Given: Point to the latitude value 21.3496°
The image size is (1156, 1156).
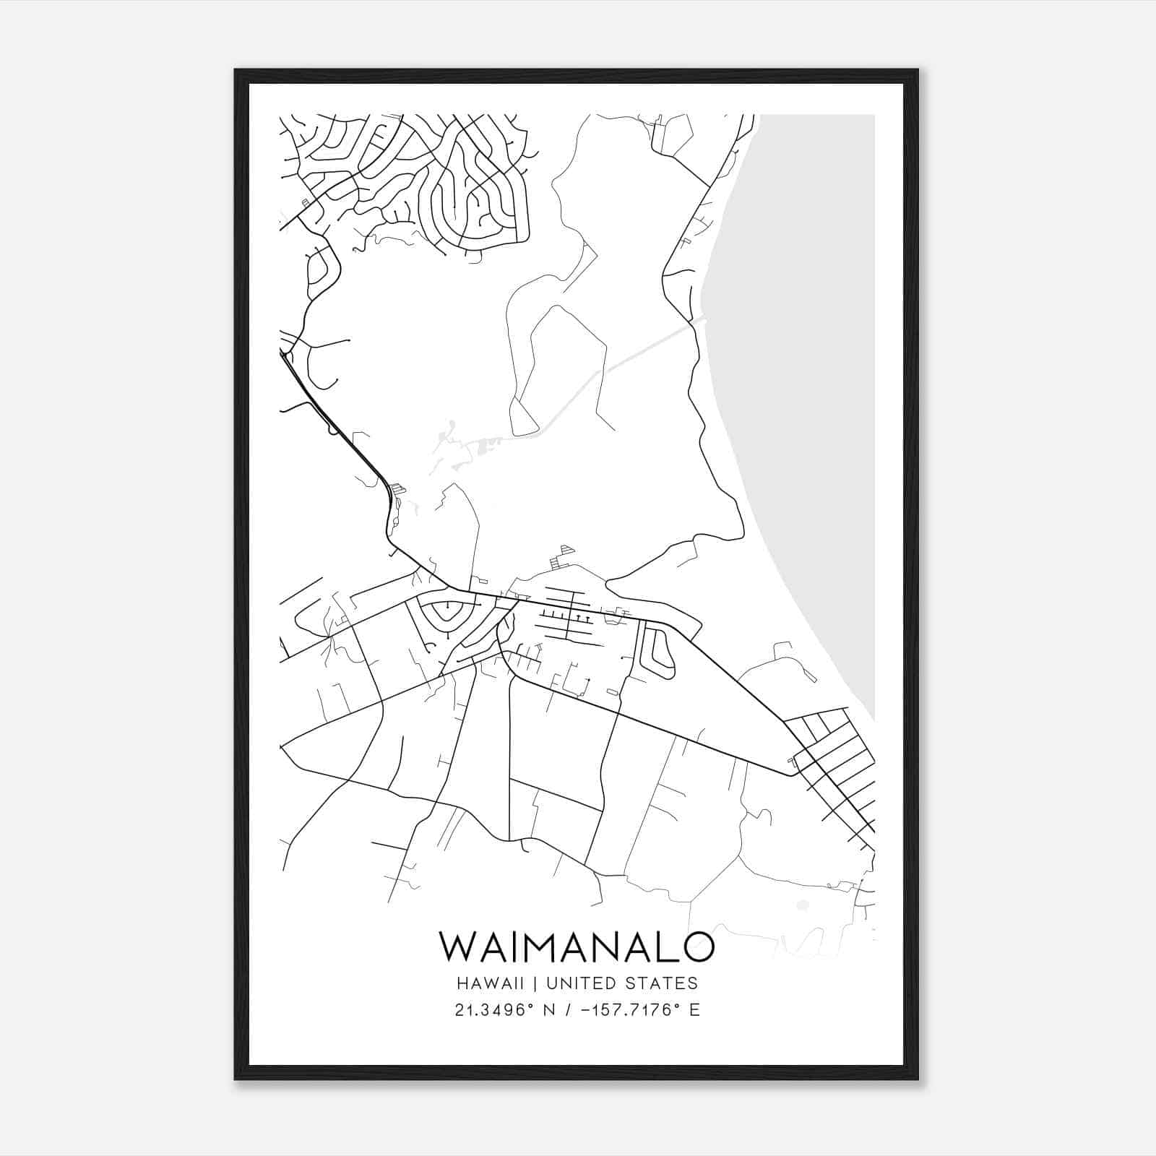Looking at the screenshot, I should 499,1010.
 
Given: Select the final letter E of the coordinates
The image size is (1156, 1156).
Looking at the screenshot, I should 694,1010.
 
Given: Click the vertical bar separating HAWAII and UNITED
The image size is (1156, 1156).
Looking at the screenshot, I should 536,983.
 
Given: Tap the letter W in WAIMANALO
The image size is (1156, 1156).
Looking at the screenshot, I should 457,946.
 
